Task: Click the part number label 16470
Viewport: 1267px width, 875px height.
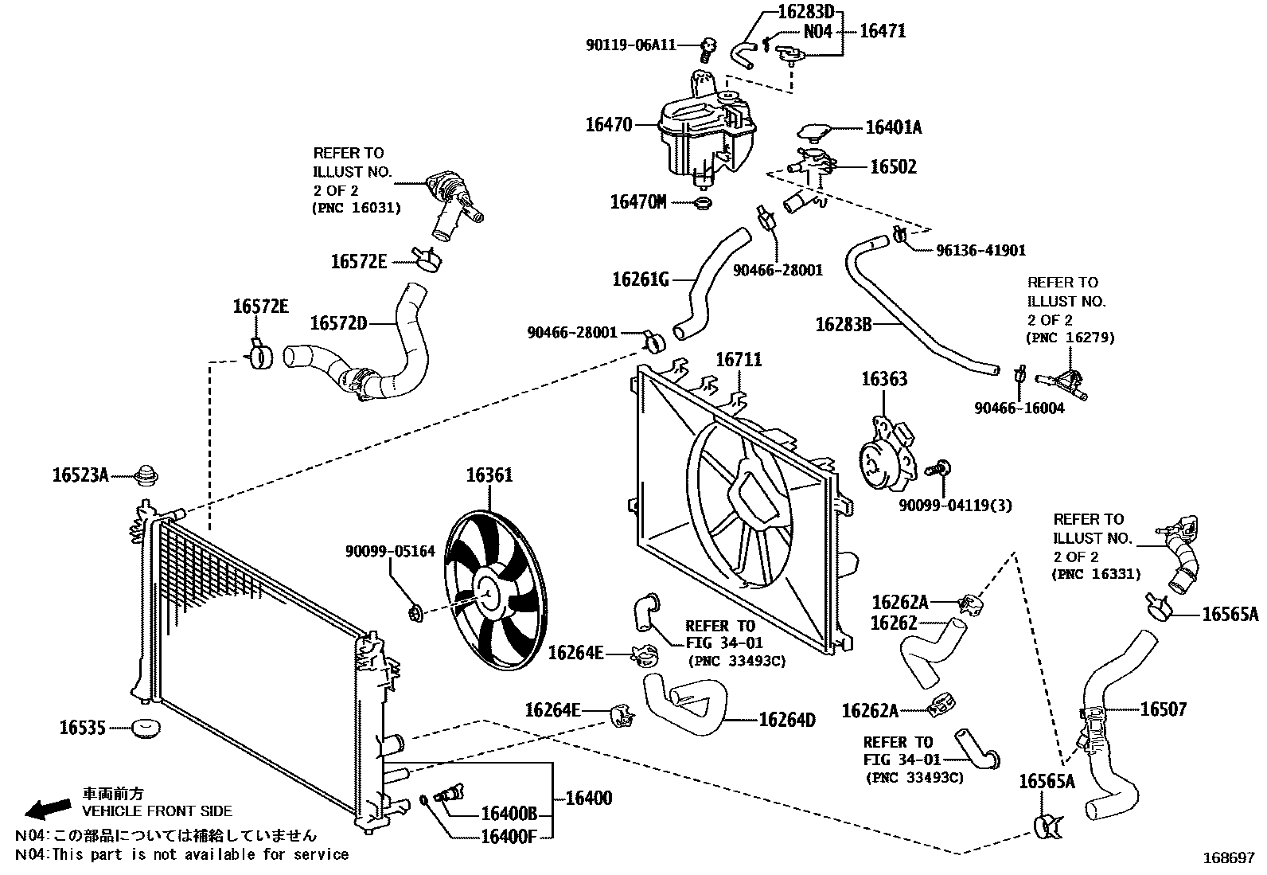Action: [608, 125]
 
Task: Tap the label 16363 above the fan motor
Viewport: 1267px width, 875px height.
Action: [883, 379]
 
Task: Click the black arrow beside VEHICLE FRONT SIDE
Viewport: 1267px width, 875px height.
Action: [47, 809]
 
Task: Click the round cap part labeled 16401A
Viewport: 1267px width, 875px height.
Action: [813, 131]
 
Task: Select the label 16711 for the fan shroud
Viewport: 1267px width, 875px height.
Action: [739, 360]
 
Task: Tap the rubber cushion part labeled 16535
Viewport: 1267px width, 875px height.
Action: [146, 729]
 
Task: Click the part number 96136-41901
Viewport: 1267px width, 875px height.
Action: [980, 250]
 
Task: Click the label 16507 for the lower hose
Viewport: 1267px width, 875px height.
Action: [1163, 709]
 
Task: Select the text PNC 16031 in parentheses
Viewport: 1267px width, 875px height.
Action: [357, 209]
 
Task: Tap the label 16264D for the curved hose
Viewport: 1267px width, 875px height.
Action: [787, 720]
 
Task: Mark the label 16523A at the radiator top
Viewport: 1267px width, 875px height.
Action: [80, 475]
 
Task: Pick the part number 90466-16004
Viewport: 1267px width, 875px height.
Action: [1019, 408]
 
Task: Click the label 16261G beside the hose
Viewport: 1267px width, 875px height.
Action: [640, 279]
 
